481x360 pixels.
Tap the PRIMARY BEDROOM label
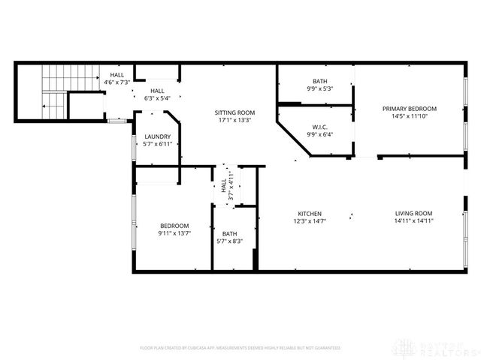coord(409,109)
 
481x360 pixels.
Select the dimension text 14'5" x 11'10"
coord(409,116)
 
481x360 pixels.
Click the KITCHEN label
coord(310,213)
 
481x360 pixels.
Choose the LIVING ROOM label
coord(413,213)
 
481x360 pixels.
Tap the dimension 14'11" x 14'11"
coord(413,220)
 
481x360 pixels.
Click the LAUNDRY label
coord(157,136)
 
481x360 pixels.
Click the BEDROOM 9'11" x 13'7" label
coord(174,226)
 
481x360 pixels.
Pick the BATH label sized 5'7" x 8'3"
coord(229,234)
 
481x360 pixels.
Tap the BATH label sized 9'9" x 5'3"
coord(319,81)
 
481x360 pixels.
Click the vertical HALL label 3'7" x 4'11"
coord(224,184)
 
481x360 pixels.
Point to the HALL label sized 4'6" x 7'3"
coord(117,75)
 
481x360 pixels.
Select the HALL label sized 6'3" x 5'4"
coord(156,91)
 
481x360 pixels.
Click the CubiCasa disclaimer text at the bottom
coord(240,348)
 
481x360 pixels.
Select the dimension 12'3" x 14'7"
coord(310,220)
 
